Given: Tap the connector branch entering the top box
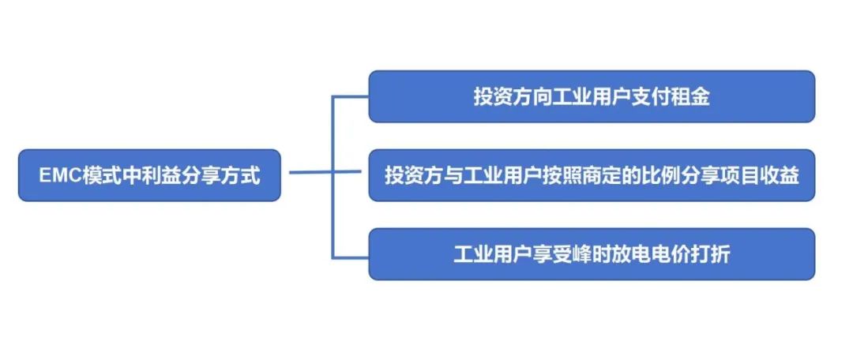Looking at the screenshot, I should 351,97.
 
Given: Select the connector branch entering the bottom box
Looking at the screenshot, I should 351,257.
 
